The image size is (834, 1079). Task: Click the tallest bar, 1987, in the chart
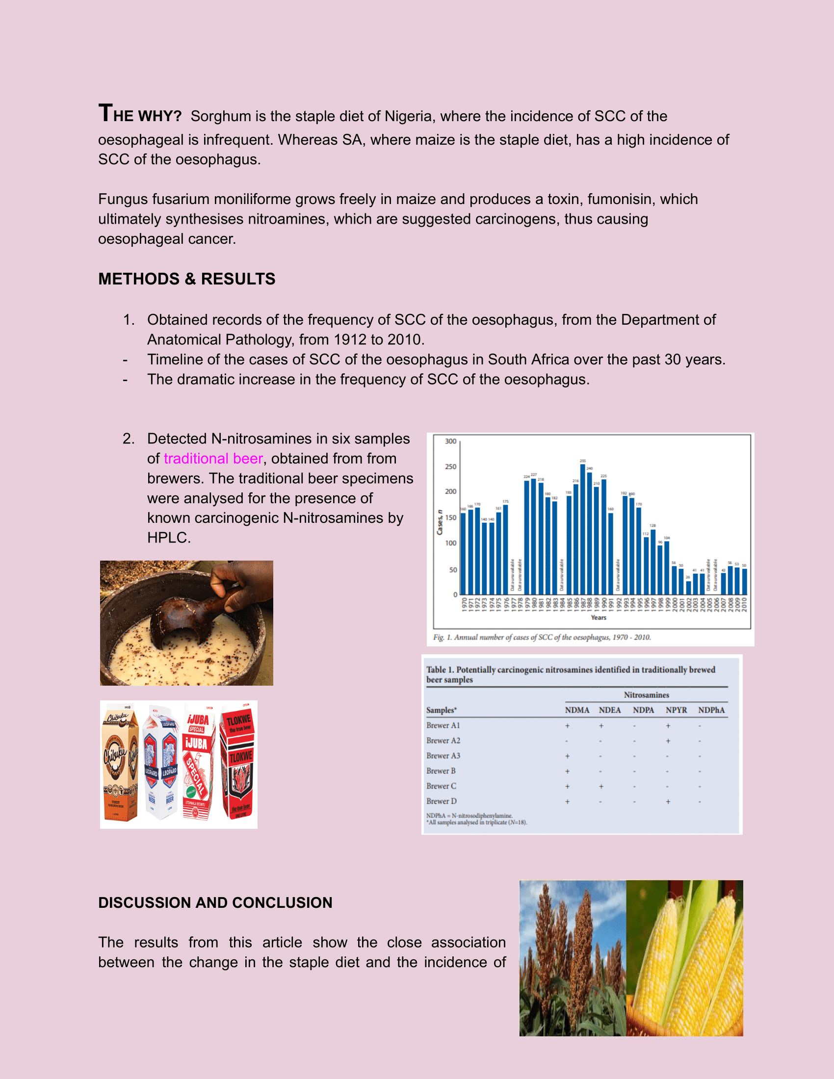(x=582, y=529)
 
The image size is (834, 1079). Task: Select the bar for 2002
(x=688, y=588)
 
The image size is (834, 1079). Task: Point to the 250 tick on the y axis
(x=450, y=466)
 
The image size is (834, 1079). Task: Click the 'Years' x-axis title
(x=599, y=617)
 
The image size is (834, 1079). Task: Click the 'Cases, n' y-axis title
(x=439, y=522)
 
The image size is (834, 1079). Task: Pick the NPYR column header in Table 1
(x=676, y=710)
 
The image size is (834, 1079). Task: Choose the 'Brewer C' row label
(x=441, y=786)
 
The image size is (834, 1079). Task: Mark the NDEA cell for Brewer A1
(x=601, y=726)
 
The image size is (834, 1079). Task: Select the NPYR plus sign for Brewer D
(x=668, y=801)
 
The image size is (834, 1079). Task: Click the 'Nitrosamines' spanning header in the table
(x=646, y=695)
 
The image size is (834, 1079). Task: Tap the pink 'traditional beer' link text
(x=213, y=459)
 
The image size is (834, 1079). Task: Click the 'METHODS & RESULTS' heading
(x=187, y=279)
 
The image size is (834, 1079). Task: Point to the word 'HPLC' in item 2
(x=168, y=538)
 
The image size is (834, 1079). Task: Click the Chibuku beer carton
(x=120, y=764)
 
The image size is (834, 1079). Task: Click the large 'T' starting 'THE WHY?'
(x=105, y=113)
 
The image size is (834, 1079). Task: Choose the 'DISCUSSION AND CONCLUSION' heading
(x=215, y=902)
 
